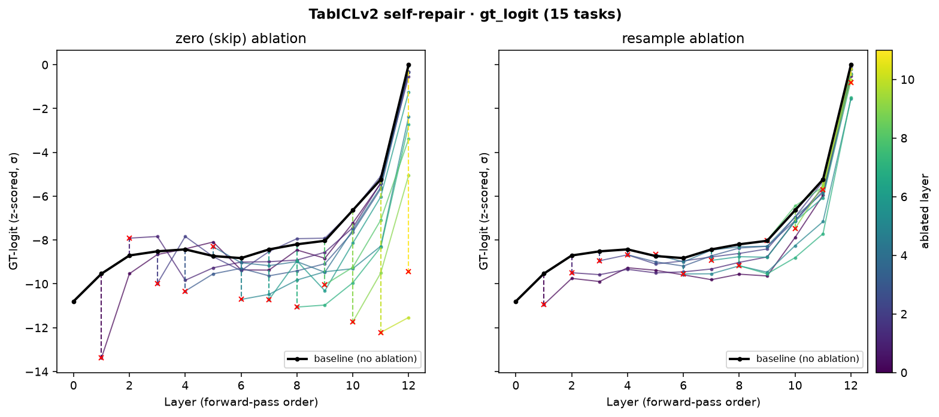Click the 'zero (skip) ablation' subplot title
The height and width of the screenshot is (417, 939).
point(241,38)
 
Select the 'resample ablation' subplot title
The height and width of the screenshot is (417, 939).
point(683,38)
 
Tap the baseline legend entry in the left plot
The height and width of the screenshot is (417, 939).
point(353,359)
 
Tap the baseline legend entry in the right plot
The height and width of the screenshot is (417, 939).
point(795,359)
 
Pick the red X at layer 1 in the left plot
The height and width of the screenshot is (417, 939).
point(101,358)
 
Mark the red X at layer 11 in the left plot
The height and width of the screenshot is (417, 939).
point(381,333)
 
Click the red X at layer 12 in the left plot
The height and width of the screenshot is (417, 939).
point(408,272)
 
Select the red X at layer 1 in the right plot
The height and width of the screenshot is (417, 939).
point(544,305)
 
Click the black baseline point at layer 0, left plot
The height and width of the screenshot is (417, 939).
point(74,302)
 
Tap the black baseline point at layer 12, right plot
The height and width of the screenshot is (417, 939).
point(851,65)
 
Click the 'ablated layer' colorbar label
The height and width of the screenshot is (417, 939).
point(925,211)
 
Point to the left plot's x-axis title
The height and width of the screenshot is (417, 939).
point(241,403)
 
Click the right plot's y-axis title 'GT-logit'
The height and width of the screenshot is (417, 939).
point(484,211)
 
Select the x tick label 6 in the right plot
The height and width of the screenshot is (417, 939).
point(683,386)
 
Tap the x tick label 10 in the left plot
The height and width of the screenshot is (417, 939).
point(353,386)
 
